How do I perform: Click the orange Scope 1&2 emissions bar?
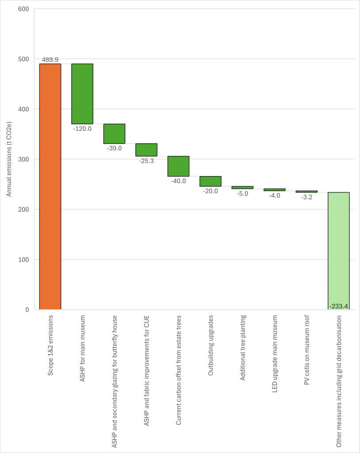tap(50, 186)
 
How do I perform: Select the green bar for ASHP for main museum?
tap(82, 94)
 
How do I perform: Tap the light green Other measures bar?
tap(338, 250)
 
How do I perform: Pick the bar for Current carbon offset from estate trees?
tap(178, 166)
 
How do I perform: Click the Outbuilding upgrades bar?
tap(210, 181)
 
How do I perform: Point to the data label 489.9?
tap(50, 59)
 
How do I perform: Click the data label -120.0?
tap(82, 129)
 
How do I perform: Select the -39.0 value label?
tap(114, 148)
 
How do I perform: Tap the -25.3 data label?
tap(146, 161)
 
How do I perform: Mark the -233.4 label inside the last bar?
tap(338, 306)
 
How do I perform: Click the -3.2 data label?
tap(306, 197)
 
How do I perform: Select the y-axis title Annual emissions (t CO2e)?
tap(9, 159)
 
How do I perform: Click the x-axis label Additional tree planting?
tap(242, 348)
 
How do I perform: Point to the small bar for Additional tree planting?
tap(242, 188)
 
